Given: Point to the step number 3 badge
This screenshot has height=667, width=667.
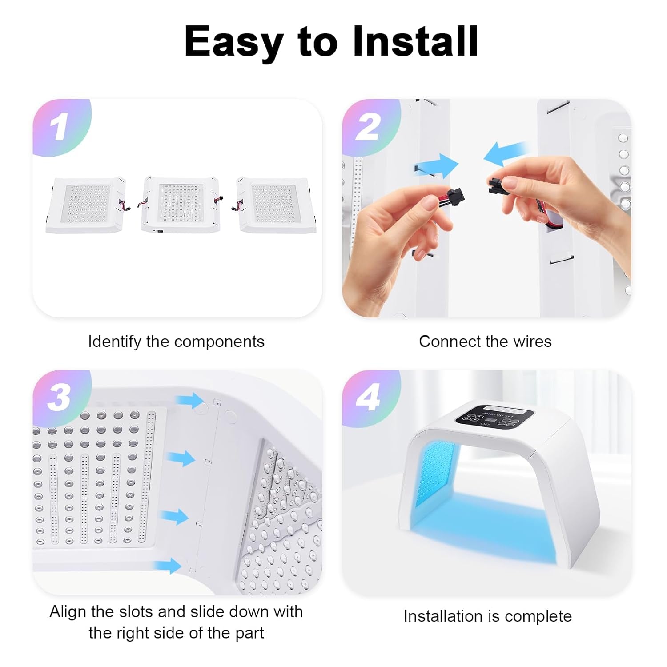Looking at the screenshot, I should point(60,397).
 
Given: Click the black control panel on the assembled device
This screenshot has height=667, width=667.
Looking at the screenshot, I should point(494,417).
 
